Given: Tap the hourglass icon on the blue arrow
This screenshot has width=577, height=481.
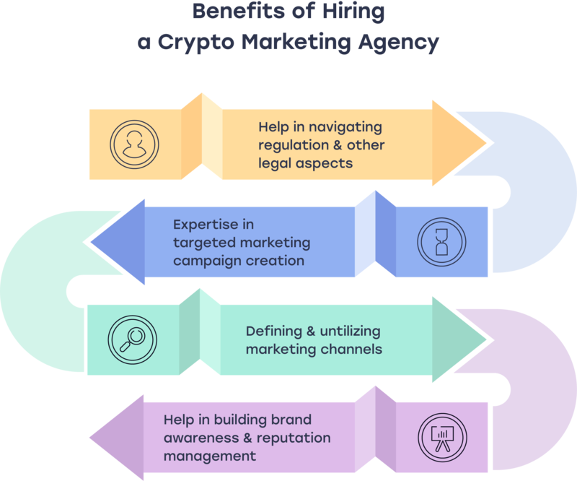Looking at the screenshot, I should [x=441, y=240].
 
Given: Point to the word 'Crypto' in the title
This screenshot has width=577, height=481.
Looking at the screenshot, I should [x=195, y=42].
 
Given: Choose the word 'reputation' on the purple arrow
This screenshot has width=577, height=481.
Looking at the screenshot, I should [x=296, y=438].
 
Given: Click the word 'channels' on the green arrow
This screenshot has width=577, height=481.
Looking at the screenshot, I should [x=352, y=350].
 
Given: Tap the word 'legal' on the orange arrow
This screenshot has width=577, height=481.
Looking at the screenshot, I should [x=275, y=162].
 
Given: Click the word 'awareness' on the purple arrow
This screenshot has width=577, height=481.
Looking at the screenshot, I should [x=196, y=438].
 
